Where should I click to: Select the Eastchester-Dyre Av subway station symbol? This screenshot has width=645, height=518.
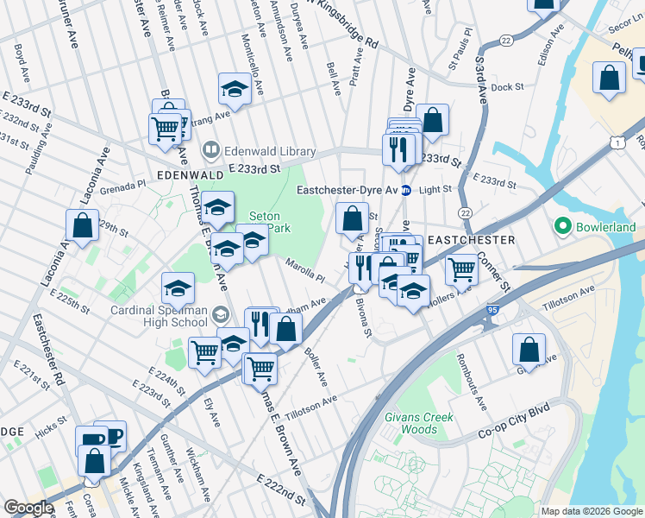point(404,190)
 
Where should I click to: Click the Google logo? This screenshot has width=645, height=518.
point(29,508)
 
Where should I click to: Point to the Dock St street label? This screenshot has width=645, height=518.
point(507,87)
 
